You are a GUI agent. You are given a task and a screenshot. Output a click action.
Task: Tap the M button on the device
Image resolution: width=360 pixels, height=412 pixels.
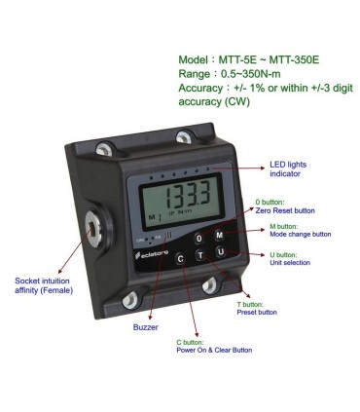(x=219, y=236)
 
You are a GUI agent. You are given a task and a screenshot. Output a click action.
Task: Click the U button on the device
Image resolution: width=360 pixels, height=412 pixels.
(x=221, y=252)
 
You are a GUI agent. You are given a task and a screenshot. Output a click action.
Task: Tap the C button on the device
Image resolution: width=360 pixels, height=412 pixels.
(x=181, y=259)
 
